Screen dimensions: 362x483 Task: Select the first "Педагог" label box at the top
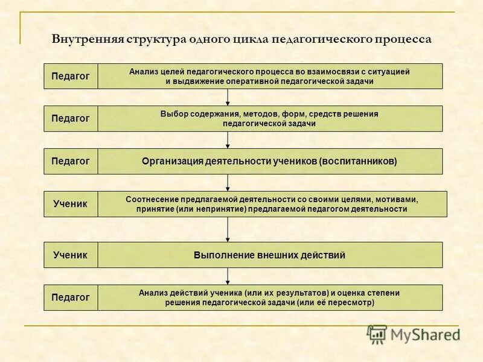click(71, 76)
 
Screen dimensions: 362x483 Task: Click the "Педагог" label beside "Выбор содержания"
click(71, 118)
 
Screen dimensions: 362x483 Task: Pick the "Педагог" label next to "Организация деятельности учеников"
click(71, 161)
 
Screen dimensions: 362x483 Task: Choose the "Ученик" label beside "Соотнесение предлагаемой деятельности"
click(71, 204)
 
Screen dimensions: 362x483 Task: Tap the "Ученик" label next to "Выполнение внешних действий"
click(71, 255)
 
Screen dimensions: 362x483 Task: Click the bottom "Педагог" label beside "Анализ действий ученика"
click(71, 297)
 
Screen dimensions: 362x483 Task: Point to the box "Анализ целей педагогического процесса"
click(270, 76)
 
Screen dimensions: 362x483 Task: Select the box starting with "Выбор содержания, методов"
click(270, 118)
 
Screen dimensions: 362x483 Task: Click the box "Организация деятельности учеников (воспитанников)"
click(270, 161)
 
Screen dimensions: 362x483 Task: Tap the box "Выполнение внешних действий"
click(270, 255)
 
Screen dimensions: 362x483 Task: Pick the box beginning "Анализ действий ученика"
click(270, 297)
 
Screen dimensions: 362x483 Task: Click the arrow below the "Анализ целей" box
click(228, 97)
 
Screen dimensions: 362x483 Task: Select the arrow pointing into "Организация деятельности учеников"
click(228, 140)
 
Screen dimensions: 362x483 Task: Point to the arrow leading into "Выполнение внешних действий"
click(228, 229)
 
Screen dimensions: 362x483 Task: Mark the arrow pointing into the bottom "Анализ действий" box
click(228, 276)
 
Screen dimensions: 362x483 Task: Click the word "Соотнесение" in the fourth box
click(150, 199)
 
